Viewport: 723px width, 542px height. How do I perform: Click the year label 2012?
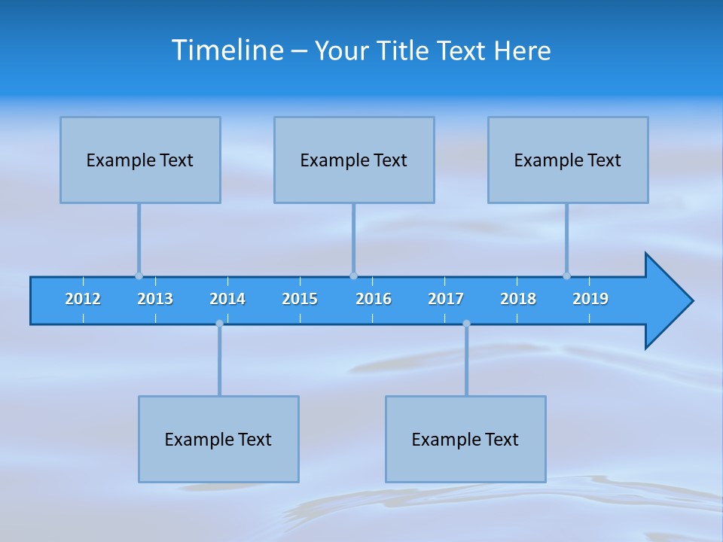(83, 299)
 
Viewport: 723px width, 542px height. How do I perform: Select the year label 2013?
(155, 299)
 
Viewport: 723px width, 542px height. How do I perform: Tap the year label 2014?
(227, 299)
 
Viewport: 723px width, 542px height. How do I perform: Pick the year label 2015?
(300, 299)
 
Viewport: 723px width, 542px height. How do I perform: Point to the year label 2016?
(374, 299)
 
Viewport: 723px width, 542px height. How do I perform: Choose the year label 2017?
(446, 299)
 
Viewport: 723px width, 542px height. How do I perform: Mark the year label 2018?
(518, 299)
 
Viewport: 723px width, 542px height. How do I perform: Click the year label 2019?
(590, 299)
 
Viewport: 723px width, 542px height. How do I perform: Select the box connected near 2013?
(140, 160)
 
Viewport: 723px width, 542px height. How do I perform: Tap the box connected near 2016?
(354, 160)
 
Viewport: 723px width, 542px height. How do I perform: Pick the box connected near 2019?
(568, 160)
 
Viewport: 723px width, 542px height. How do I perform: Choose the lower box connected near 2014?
(218, 439)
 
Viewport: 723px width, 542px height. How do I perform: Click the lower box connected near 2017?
(465, 439)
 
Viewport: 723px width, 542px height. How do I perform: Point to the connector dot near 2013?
(139, 276)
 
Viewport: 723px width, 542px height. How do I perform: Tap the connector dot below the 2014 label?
(219, 324)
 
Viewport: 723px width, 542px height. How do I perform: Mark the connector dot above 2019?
(566, 276)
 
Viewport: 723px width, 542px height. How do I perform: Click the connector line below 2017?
(466, 361)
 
